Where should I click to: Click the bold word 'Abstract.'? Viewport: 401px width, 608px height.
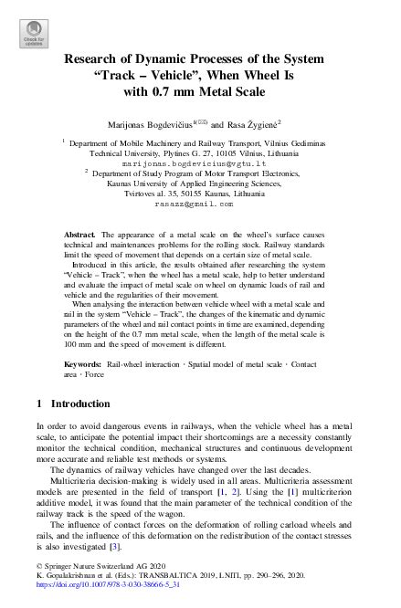(82, 236)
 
